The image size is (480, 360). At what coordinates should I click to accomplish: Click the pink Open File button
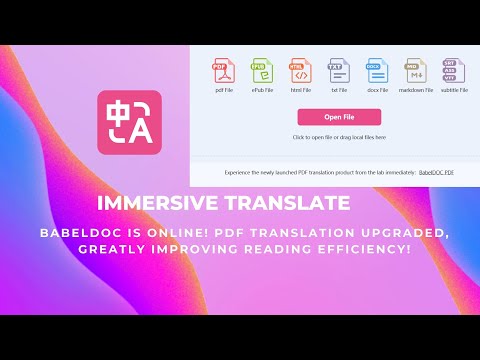pos(339,117)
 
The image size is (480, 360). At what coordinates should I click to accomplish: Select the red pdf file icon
pos(222,70)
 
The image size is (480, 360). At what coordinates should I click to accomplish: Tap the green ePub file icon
pos(261,70)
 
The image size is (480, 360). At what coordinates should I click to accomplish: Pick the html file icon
pos(300,70)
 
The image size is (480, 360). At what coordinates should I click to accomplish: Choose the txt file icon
pos(339,70)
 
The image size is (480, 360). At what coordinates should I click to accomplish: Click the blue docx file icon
pos(377,70)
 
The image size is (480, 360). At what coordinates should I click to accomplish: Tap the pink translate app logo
pos(129,122)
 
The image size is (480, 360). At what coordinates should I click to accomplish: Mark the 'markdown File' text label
pos(416,90)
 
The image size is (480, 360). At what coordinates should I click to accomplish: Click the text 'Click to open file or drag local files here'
pos(339,136)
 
